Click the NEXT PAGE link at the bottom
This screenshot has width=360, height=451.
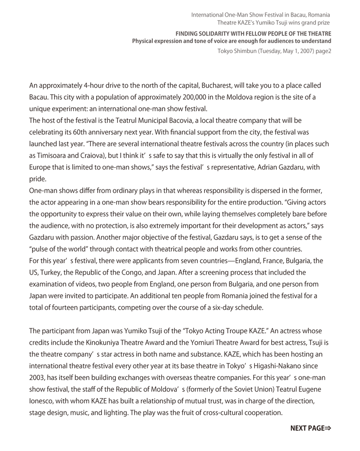[x=311, y=428]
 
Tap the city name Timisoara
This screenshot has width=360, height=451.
[x=58, y=155]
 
